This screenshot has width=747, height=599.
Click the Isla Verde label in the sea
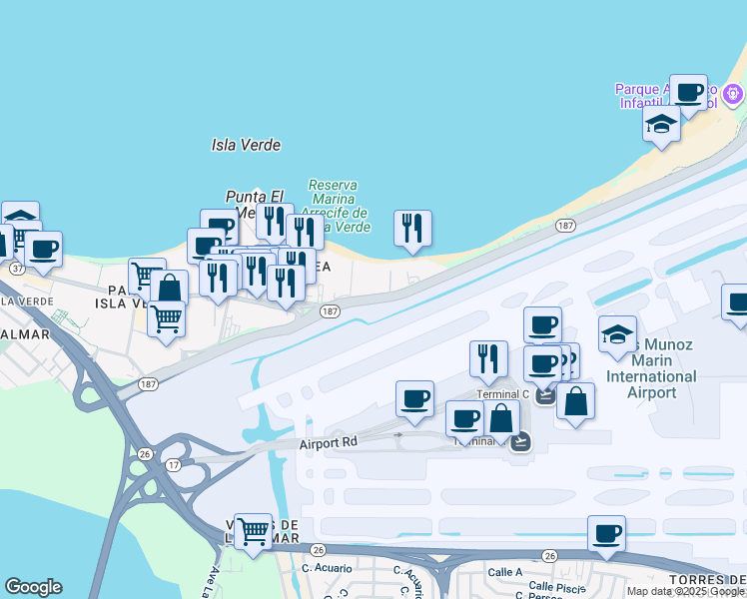click(246, 145)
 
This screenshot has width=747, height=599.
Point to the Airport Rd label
click(329, 441)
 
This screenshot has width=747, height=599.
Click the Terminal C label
click(502, 394)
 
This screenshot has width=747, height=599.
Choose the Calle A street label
click(504, 572)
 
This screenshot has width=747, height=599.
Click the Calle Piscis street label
click(555, 587)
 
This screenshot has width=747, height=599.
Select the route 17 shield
click(173, 465)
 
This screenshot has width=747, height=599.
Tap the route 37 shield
click(17, 269)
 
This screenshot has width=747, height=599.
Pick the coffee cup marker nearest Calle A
click(606, 534)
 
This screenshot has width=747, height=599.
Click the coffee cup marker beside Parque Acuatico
click(688, 93)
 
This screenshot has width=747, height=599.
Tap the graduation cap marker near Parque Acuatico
click(661, 125)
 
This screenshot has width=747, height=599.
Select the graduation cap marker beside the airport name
click(618, 334)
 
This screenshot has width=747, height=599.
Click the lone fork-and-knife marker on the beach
click(412, 229)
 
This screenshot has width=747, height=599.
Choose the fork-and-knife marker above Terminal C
click(488, 359)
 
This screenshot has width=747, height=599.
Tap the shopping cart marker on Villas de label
click(253, 532)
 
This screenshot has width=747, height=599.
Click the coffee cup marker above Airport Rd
click(414, 399)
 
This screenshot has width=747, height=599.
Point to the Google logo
click(33, 587)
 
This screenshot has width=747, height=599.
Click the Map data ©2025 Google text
click(685, 591)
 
